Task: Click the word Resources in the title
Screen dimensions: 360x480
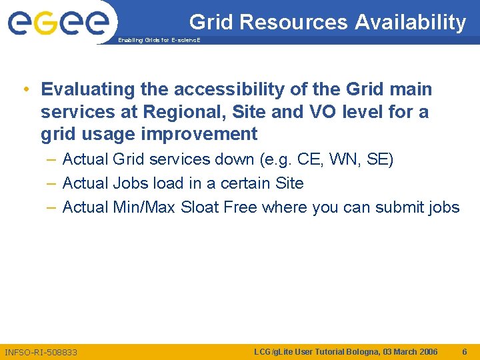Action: click(293, 22)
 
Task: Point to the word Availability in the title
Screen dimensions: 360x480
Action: click(410, 22)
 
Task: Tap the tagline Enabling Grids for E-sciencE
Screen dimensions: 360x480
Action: click(158, 41)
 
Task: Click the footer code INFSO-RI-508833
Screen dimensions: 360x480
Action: click(41, 352)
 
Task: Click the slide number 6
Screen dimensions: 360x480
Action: click(465, 351)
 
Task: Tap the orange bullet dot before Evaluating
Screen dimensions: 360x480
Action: click(25, 90)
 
